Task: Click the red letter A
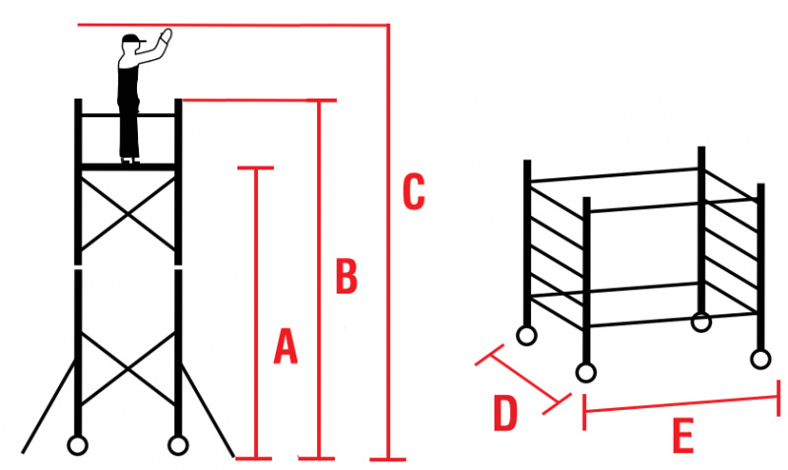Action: [x=285, y=347]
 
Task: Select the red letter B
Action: [x=346, y=277]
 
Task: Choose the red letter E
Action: [x=683, y=436]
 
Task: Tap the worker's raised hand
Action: [x=165, y=37]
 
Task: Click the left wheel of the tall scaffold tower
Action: [x=77, y=444]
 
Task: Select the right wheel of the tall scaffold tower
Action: [x=178, y=444]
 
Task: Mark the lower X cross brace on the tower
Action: [x=128, y=369]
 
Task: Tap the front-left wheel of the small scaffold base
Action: [x=586, y=372]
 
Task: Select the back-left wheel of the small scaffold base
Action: [x=527, y=335]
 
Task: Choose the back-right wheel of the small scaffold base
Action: [x=701, y=321]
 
